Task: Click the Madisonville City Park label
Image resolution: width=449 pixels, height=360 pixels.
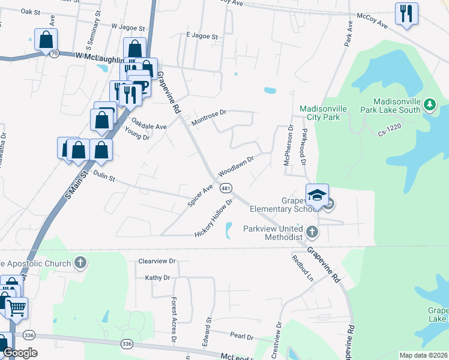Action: click(x=323, y=112)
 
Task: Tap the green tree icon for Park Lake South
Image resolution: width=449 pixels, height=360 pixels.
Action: click(x=429, y=106)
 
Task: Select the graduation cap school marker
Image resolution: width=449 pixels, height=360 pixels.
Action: click(x=317, y=195)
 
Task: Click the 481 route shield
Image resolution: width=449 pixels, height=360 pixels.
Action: click(x=226, y=188)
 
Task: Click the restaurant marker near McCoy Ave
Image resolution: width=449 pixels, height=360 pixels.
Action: click(x=406, y=13)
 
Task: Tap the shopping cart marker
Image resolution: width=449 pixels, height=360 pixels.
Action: click(x=16, y=308)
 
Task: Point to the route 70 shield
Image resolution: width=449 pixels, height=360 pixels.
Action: click(x=54, y=53)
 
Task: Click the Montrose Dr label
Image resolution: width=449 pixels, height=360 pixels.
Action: click(x=208, y=118)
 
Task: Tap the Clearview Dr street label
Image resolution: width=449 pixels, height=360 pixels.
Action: click(x=156, y=261)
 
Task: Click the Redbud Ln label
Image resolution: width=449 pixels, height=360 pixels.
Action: click(x=303, y=268)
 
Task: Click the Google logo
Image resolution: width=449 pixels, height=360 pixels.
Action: click(x=20, y=353)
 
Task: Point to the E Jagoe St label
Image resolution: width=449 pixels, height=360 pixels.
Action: click(x=202, y=36)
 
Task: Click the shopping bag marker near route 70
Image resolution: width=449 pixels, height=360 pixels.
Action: click(x=46, y=40)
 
